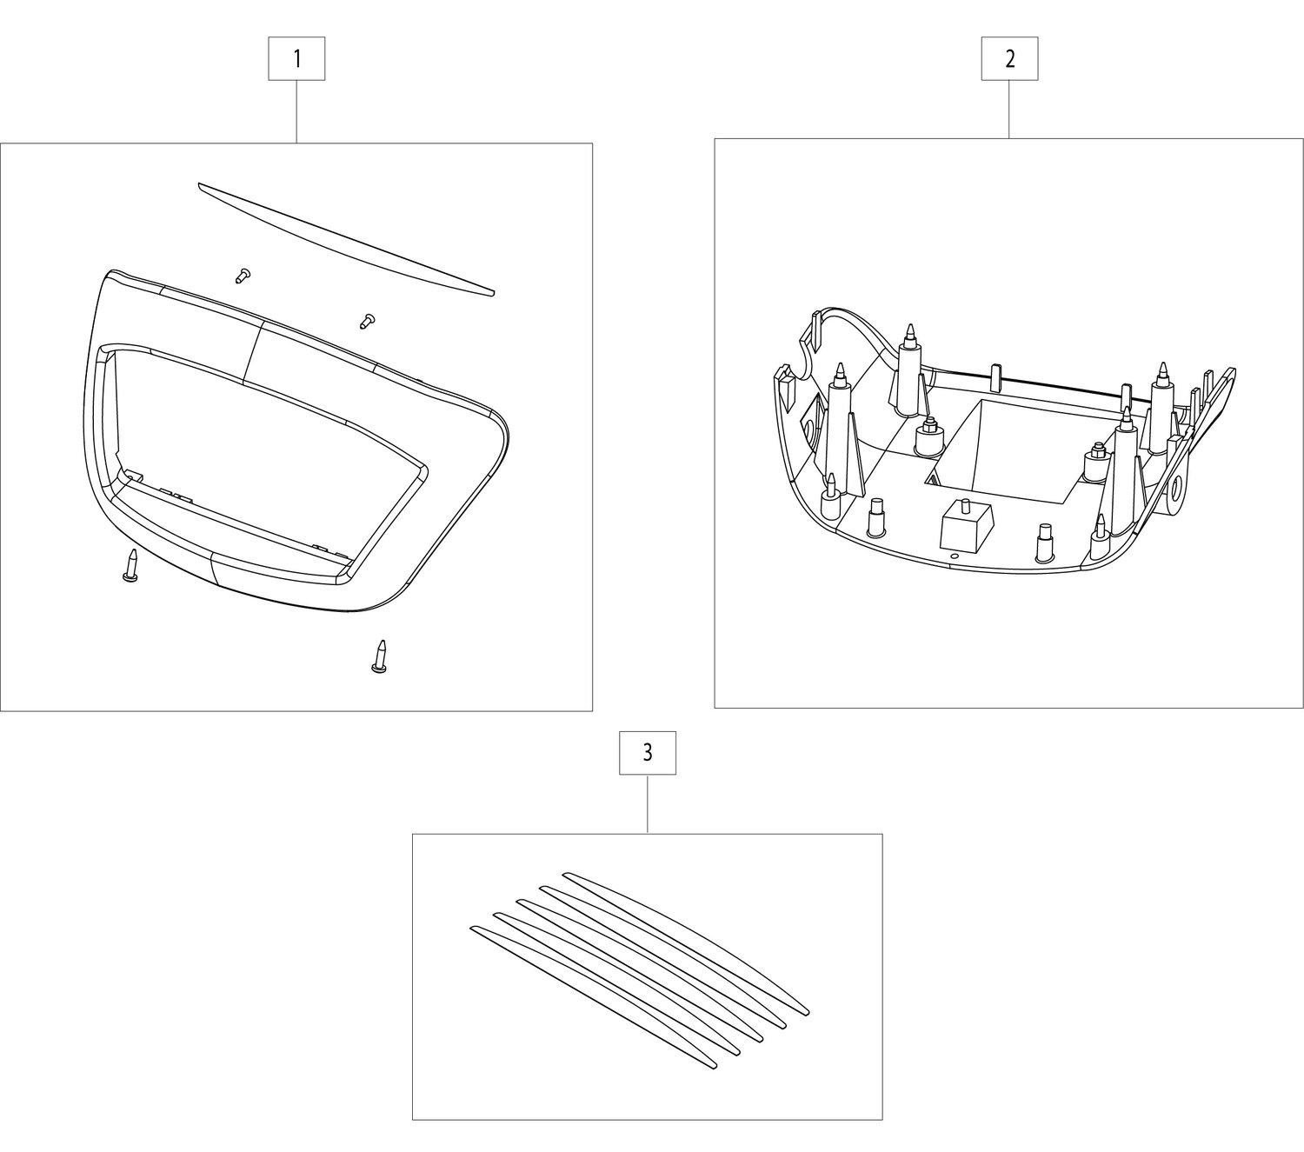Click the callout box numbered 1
point(296,58)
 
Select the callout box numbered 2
point(1009,58)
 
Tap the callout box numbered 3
point(648,753)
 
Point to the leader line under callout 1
point(296,111)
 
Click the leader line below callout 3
point(648,804)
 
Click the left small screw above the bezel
point(242,276)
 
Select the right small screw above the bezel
point(367,321)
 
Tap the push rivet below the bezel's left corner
point(131,566)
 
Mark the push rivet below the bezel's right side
point(381,656)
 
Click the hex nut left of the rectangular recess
point(928,435)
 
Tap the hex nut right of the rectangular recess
point(1095,463)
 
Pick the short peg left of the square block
point(876,517)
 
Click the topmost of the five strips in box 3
point(686,943)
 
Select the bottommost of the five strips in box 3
point(594,997)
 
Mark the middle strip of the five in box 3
point(640,970)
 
